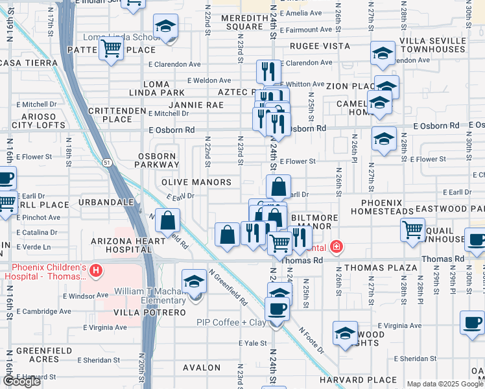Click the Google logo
point(21,381)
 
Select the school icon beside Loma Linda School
point(165,27)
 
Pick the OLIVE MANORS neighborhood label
point(196,183)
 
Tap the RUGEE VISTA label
point(320,47)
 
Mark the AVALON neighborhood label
point(202,368)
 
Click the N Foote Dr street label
point(311,339)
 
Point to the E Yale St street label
point(252,343)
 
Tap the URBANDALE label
point(106,202)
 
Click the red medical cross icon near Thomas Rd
point(336,246)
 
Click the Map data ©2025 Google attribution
point(445,384)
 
